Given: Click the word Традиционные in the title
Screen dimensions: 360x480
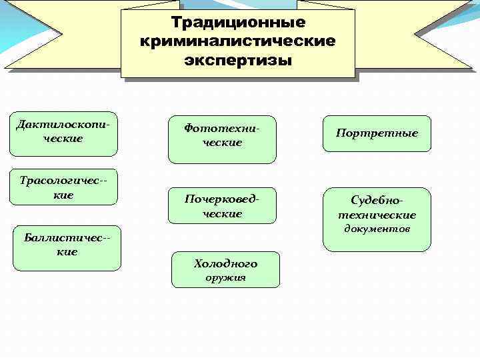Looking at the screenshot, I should [x=238, y=23].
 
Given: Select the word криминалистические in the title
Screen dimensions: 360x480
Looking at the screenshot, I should [x=238, y=42].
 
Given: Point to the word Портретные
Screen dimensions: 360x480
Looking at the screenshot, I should [x=377, y=133].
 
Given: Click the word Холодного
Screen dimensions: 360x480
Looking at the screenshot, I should [x=225, y=264].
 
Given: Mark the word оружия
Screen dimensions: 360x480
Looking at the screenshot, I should [x=225, y=277].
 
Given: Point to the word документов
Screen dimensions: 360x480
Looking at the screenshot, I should [x=377, y=229].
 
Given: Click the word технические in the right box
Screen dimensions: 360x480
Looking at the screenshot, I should [x=377, y=215].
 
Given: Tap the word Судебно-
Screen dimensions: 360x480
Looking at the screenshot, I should [x=377, y=201].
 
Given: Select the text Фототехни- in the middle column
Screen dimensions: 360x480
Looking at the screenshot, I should [x=222, y=128].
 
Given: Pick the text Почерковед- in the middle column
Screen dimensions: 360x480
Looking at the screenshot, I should [x=222, y=199].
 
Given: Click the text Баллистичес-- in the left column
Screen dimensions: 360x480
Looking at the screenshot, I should [x=67, y=238].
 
